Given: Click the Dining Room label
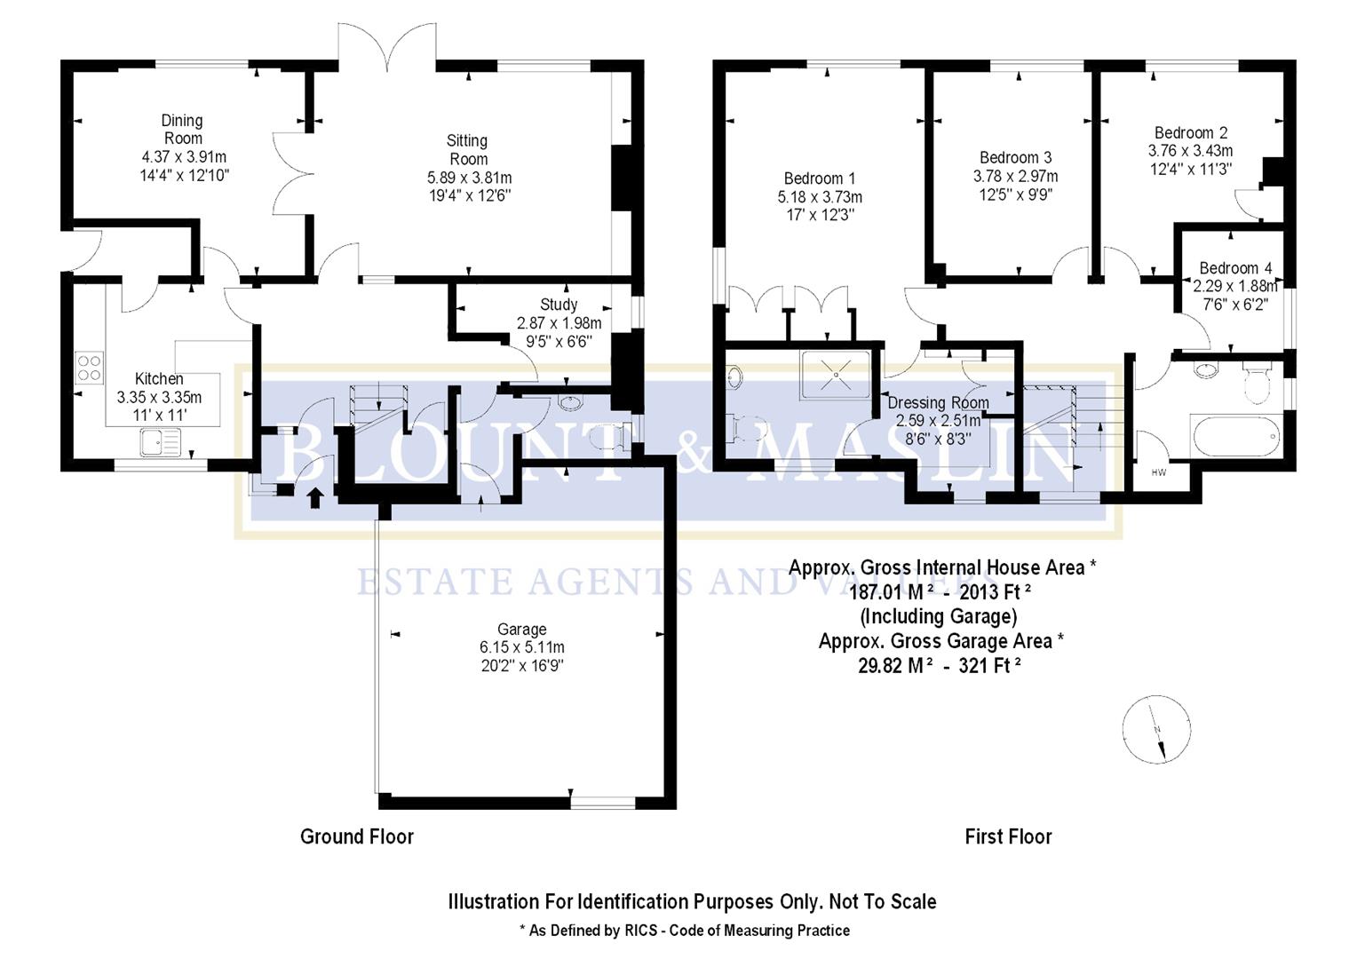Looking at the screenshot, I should (x=182, y=130).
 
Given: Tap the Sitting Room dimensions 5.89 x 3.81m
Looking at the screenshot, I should (x=469, y=178).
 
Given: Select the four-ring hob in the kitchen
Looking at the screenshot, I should (x=89, y=368).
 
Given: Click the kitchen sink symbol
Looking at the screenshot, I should (x=160, y=441).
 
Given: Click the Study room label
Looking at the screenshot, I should (x=559, y=305).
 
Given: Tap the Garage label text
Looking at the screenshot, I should (x=521, y=630).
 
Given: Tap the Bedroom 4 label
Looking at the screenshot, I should (x=1235, y=268).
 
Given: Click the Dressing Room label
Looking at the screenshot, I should (x=938, y=403).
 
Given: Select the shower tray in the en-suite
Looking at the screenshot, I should (x=835, y=376).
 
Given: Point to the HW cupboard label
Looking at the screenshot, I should (x=1159, y=473).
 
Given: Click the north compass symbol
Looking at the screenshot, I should (x=1156, y=731).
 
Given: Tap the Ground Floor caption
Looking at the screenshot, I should (x=357, y=836).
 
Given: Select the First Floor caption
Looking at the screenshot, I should (x=1008, y=836).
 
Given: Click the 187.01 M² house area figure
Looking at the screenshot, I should (x=890, y=592).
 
